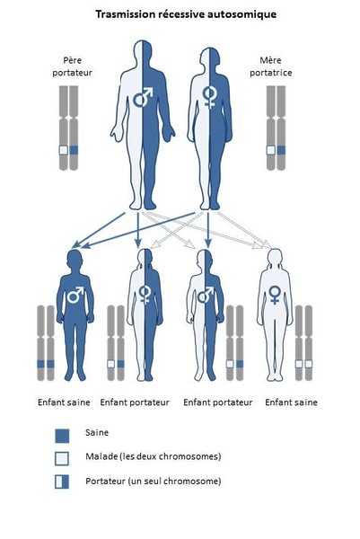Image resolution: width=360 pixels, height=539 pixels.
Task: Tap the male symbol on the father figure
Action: (x=143, y=97)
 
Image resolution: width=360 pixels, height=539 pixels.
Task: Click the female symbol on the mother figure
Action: (x=209, y=98)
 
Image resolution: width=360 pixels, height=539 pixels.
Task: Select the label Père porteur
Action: (x=73, y=66)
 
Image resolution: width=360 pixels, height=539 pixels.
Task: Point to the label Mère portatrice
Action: (x=271, y=66)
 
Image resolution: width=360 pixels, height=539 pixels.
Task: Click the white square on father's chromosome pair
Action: (x=63, y=150)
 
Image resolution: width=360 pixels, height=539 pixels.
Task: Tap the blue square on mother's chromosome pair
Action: (x=281, y=150)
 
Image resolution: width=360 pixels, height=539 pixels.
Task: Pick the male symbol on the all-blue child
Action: (x=75, y=295)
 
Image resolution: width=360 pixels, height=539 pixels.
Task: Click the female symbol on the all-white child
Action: (x=275, y=295)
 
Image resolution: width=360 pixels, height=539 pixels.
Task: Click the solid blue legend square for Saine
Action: (x=62, y=436)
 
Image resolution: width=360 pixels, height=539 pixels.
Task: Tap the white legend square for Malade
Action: (x=62, y=458)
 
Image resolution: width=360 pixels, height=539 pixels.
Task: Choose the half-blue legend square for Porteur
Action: (x=62, y=482)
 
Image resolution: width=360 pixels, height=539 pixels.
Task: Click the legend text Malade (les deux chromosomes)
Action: (x=154, y=456)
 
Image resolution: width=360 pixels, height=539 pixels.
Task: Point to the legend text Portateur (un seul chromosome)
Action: (x=154, y=481)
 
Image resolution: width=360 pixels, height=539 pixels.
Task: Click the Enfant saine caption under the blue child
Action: (x=64, y=402)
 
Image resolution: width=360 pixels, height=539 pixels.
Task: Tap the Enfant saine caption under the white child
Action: (x=291, y=402)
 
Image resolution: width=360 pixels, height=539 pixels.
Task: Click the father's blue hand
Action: (x=168, y=134)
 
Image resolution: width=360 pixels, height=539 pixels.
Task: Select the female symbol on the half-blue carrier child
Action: (x=145, y=295)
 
